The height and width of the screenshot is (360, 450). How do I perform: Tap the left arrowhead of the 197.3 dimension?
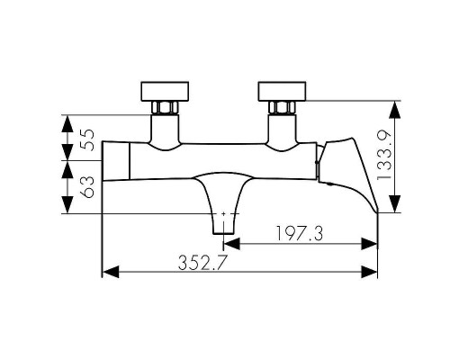230,242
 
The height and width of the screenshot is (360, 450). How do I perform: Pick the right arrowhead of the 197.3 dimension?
370,242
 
